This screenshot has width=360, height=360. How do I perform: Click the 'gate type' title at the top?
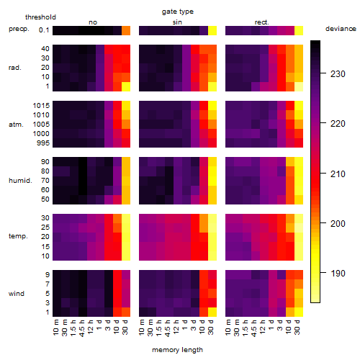[x=178, y=12]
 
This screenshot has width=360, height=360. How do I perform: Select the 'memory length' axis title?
[x=177, y=350]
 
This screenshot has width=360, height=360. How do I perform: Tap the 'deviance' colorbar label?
[x=341, y=29]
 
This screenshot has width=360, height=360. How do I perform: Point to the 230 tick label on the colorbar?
[x=338, y=74]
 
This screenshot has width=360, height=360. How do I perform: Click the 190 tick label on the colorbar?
[x=338, y=273]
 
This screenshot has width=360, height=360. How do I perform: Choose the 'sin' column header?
[x=177, y=22]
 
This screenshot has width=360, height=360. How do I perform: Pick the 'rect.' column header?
[x=261, y=22]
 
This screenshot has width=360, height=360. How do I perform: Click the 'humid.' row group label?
[x=20, y=181]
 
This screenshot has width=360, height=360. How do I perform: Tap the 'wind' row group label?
[x=17, y=294]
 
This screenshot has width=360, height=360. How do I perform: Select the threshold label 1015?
[x=41, y=106]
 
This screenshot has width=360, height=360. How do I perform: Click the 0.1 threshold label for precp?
[x=44, y=30]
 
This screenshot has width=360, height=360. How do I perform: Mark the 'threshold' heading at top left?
[x=40, y=17]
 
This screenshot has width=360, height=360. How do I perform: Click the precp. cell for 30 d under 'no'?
[x=126, y=31]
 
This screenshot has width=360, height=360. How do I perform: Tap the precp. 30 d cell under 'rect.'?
[x=299, y=31]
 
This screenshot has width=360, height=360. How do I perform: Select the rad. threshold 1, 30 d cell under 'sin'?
[x=212, y=86]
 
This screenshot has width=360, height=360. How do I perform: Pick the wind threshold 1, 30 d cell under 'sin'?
[x=212, y=312]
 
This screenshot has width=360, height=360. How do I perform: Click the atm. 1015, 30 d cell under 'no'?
[x=126, y=106]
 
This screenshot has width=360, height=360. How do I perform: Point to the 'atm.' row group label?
[x=16, y=125]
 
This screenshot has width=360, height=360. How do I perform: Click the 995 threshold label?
[x=43, y=143]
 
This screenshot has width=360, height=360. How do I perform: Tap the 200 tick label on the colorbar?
[x=338, y=224]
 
